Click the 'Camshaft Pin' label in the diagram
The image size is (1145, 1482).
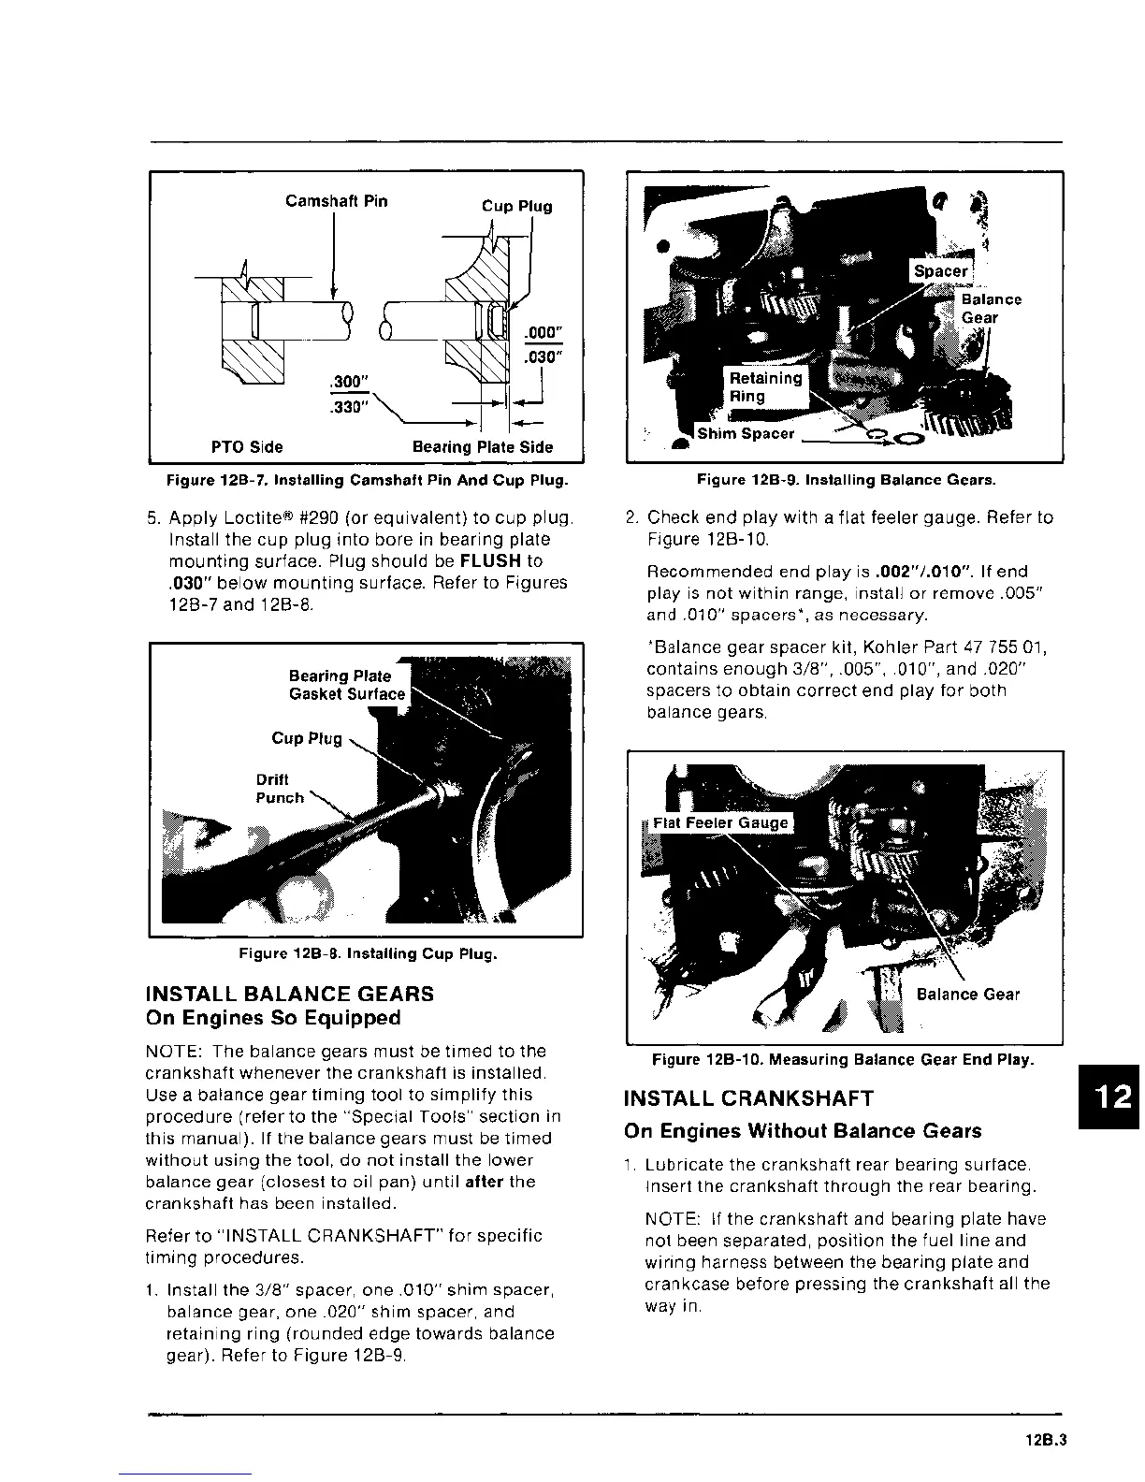336,201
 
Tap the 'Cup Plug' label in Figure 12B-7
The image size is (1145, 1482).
516,206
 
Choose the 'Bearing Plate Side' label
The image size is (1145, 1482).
483,447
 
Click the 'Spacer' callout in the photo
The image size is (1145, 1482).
940,271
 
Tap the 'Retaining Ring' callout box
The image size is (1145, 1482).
765,386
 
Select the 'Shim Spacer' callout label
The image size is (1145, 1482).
746,433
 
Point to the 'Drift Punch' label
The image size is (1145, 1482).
279,789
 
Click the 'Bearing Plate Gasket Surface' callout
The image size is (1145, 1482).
346,685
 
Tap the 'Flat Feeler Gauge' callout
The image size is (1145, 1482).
720,823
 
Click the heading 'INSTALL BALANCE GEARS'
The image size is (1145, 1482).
290,994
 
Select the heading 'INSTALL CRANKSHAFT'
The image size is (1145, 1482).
748,1098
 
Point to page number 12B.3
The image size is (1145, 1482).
1045,1442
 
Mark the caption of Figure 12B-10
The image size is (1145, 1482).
842,1060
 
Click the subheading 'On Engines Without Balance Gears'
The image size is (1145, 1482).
803,1131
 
